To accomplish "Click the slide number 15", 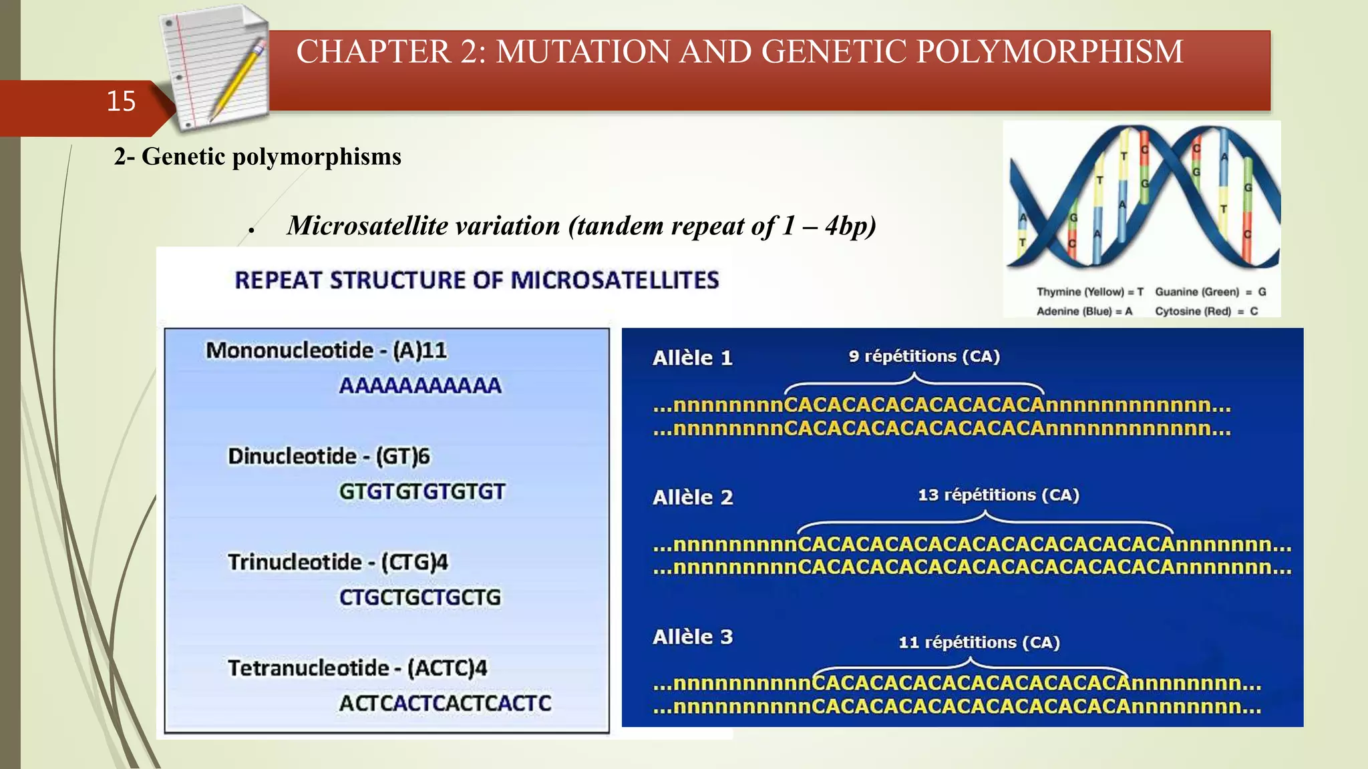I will (121, 101).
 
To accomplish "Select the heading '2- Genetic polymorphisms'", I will (257, 157).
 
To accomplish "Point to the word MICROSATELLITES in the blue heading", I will (615, 280).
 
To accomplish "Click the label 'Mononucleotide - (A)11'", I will (326, 350).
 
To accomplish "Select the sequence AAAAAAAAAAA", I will (419, 386).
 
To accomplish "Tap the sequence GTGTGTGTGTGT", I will (421, 492).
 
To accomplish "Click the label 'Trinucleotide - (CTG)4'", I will (337, 562).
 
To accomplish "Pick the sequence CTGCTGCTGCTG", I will (419, 597).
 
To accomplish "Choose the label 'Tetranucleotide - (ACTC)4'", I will (357, 668).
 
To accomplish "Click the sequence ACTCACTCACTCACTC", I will (445, 704).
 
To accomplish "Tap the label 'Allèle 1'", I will (692, 358).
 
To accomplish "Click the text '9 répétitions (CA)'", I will (924, 356).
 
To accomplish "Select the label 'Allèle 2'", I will (692, 498).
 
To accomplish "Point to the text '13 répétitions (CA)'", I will (998, 495).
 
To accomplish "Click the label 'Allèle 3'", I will (692, 637).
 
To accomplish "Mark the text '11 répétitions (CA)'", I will (979, 643).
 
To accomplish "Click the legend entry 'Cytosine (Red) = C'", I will (1206, 312).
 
